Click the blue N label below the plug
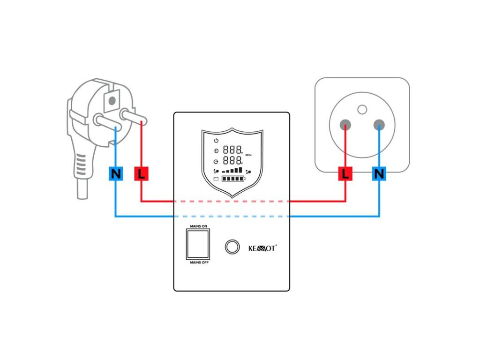click(x=116, y=173)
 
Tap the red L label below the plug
click(x=141, y=173)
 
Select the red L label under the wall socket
click(x=345, y=173)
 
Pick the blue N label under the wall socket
click(x=379, y=173)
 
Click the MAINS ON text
click(x=198, y=226)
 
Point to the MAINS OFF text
click(x=199, y=262)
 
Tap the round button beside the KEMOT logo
click(x=232, y=247)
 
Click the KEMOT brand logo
click(x=262, y=248)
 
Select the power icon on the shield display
click(x=216, y=141)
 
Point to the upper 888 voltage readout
click(x=232, y=150)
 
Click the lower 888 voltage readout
click(x=232, y=160)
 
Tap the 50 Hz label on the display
click(x=248, y=155)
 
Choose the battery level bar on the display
click(x=233, y=179)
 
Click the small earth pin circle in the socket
click(x=362, y=109)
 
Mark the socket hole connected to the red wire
click(x=345, y=125)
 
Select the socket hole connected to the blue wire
click(x=379, y=125)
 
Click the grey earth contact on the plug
click(x=112, y=100)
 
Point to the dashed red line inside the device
click(x=232, y=202)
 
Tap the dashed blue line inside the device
click(x=232, y=217)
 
